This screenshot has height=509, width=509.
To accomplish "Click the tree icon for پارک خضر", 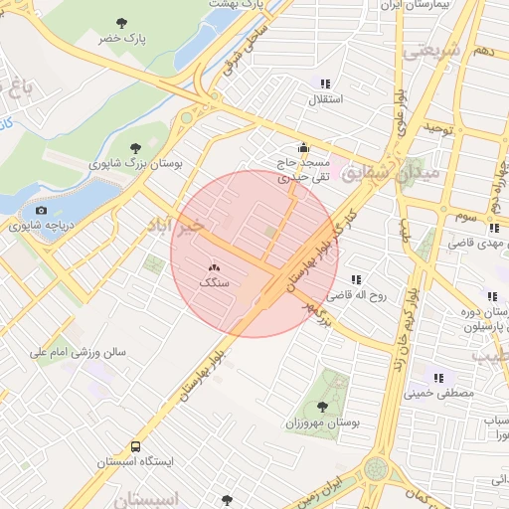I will (x=122, y=21).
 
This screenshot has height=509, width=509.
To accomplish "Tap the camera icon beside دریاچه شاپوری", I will (x=41, y=210).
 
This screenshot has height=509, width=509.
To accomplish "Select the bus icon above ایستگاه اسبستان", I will (x=135, y=446).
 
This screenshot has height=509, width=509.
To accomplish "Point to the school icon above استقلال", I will (x=324, y=84).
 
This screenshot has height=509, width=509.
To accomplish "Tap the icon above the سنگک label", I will (x=214, y=266).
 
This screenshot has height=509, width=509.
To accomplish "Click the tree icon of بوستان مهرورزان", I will (x=322, y=406).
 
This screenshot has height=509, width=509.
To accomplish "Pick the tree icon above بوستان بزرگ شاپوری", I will (x=135, y=147).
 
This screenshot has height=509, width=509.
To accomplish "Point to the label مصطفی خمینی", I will (x=438, y=393).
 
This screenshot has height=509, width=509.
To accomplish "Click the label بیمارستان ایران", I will (x=419, y=5).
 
